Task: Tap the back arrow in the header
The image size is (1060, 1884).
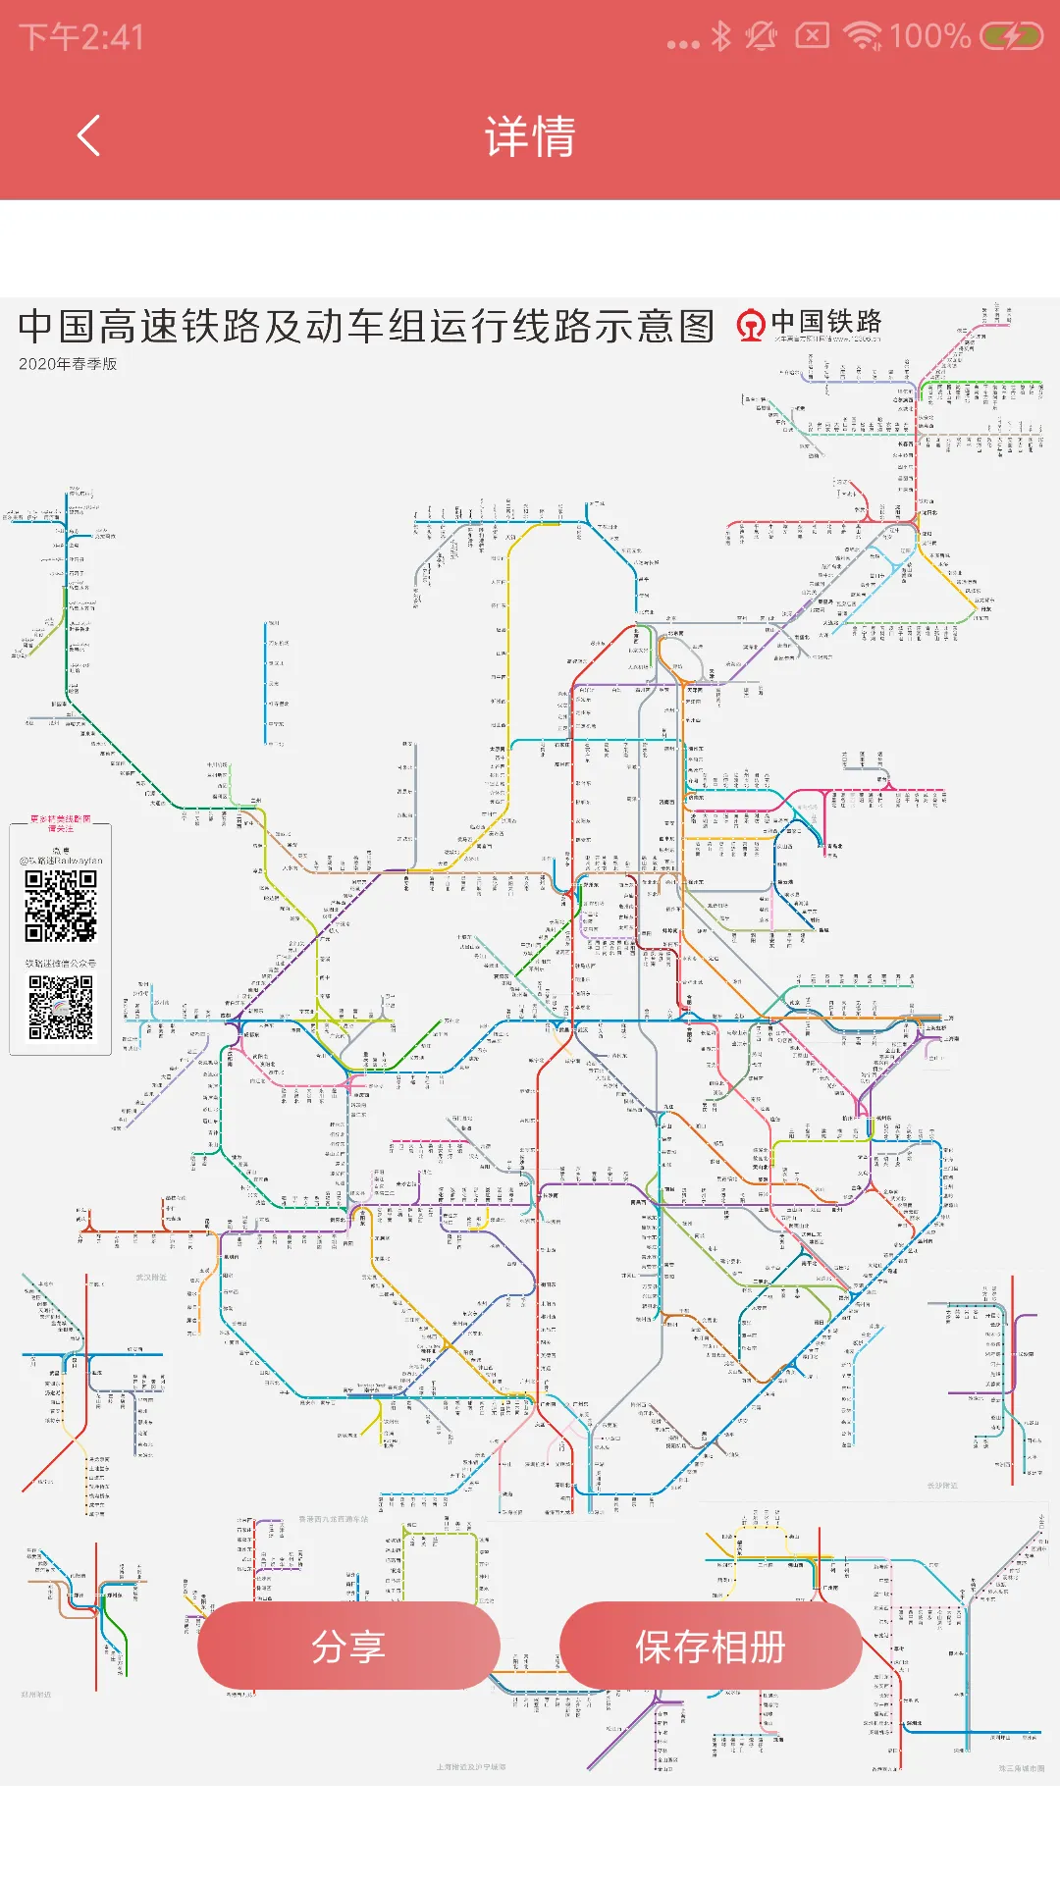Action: (88, 135)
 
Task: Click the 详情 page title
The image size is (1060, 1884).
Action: (530, 135)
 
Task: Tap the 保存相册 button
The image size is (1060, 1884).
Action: (711, 1647)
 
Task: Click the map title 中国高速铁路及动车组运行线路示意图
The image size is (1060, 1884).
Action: (366, 326)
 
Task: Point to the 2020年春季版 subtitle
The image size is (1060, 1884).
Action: (68, 364)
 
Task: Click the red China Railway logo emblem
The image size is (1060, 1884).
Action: (751, 325)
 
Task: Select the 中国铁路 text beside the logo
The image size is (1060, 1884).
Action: (826, 322)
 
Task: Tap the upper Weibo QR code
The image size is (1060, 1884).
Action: (61, 906)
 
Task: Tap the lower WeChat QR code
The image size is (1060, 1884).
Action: (61, 1007)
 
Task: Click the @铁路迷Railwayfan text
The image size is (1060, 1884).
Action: (61, 861)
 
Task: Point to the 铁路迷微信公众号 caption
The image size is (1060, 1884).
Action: (61, 964)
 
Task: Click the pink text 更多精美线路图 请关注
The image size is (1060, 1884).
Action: (61, 822)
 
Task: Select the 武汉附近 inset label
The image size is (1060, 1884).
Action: (151, 1278)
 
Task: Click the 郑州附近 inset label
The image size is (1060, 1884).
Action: (36, 1695)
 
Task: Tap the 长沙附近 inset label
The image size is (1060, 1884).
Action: (942, 1486)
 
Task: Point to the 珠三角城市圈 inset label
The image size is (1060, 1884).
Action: (1021, 1768)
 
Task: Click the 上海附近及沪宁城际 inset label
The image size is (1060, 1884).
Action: (471, 1767)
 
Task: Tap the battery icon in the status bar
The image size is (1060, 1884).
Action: (1012, 37)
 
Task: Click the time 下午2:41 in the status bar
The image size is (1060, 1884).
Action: (81, 37)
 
